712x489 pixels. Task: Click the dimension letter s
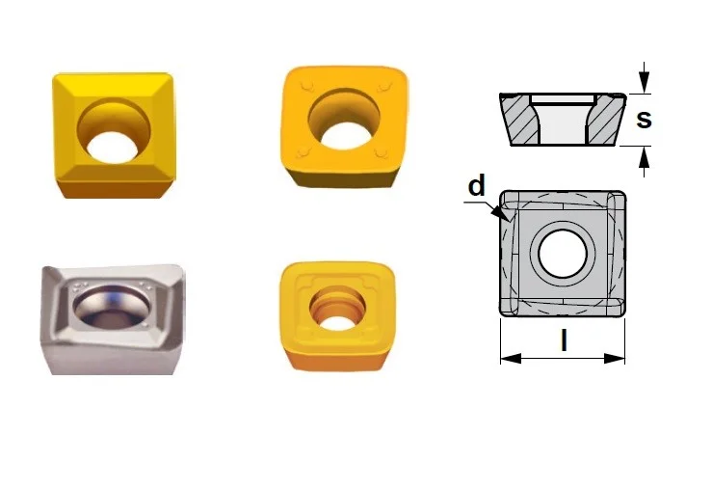click(x=644, y=119)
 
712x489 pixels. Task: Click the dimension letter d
click(x=476, y=185)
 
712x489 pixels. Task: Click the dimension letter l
click(x=564, y=340)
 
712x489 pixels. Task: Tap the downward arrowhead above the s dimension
click(x=644, y=82)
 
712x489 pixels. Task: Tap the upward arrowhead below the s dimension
click(x=644, y=157)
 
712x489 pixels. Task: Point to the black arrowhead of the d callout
click(x=502, y=212)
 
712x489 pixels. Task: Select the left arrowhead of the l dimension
click(x=511, y=359)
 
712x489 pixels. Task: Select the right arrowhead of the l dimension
click(x=615, y=359)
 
